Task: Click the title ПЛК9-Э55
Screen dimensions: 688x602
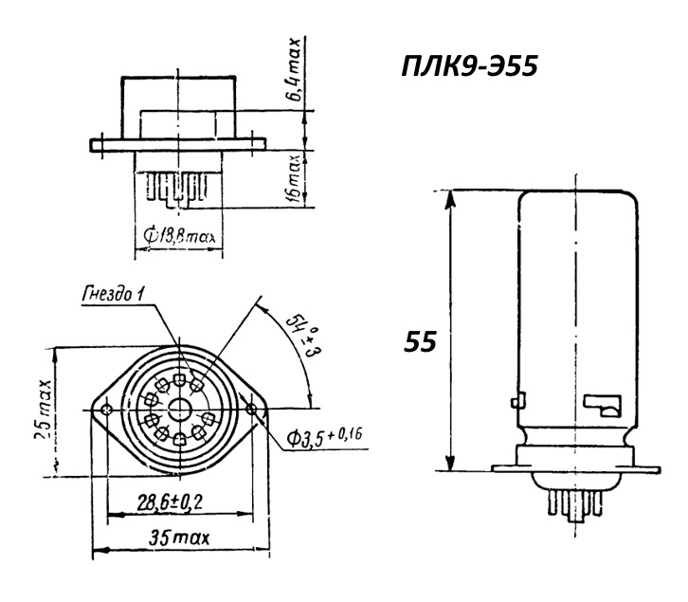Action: [x=469, y=67]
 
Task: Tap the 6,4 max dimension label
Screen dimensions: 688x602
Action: [x=295, y=70]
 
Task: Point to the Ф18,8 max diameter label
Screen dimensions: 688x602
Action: [x=180, y=237]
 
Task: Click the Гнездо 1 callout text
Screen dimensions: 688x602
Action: [x=113, y=293]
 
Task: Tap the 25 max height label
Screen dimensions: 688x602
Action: [x=44, y=410]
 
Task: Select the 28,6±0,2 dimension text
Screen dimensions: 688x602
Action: [x=170, y=502]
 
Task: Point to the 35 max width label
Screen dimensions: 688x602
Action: [x=179, y=538]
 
